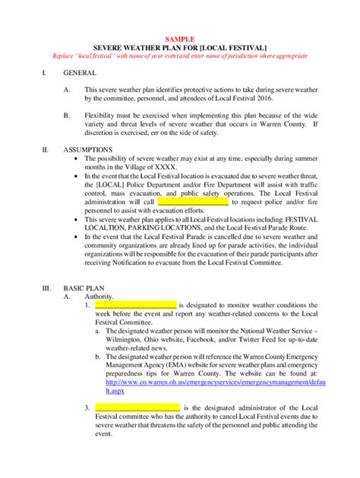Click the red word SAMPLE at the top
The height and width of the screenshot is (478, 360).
(180, 38)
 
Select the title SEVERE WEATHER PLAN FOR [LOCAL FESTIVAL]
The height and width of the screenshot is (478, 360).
(179, 47)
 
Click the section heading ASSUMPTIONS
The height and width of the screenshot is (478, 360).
(88, 149)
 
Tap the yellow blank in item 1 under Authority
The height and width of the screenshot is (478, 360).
(135, 304)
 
